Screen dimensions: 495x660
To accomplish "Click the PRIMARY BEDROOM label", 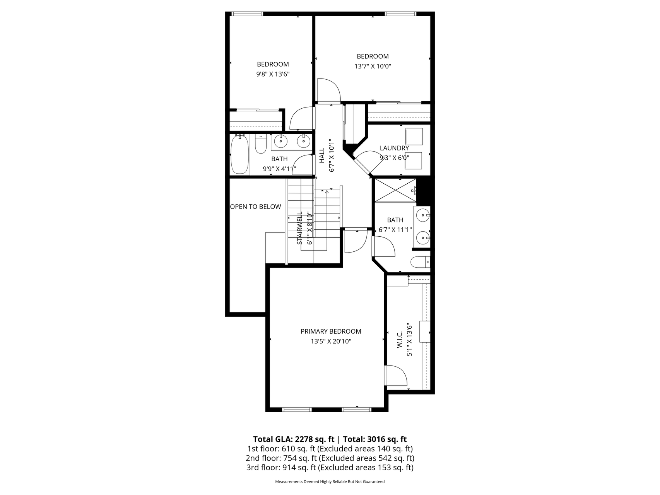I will tap(331, 331).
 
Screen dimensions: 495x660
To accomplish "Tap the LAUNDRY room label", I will tap(394, 148).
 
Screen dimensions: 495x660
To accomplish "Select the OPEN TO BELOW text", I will tap(256, 207).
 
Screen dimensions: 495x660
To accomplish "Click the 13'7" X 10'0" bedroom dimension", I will tap(373, 66).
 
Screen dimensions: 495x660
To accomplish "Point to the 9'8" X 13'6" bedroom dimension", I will tap(273, 74).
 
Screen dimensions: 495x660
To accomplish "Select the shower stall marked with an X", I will tap(395, 190).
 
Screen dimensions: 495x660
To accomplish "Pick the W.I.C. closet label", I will tap(400, 339).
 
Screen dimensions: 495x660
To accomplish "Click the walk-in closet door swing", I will tap(396, 376).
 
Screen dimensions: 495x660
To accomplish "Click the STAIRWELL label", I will tap(299, 228).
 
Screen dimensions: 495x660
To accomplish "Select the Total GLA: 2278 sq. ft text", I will tap(294, 439).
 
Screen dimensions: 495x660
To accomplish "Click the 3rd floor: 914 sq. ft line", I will tap(330, 468).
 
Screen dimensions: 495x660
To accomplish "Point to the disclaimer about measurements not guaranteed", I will tap(330, 482).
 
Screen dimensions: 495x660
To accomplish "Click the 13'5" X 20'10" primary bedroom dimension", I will tap(331, 341).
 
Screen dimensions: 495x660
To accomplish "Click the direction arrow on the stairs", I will tap(327, 191).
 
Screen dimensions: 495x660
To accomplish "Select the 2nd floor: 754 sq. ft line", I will tap(330, 458).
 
